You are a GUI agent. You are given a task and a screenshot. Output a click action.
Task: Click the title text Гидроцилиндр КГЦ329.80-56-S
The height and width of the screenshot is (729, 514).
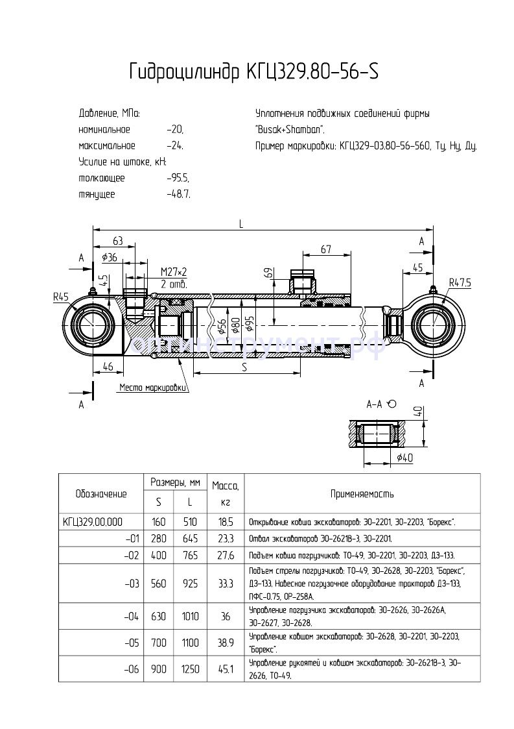point(253,71)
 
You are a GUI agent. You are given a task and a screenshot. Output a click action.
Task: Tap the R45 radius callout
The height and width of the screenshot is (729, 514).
point(62,298)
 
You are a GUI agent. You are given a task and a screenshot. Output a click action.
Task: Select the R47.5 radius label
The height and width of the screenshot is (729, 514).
point(460,282)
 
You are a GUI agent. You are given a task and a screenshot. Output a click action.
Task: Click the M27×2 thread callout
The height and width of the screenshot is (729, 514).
point(173,271)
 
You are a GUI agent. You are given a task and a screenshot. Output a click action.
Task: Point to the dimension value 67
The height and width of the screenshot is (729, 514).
point(325,250)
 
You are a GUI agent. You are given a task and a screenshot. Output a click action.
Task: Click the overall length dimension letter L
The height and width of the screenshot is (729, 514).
point(240,224)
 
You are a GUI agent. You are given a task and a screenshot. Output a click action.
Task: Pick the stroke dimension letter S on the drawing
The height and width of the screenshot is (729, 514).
point(244,367)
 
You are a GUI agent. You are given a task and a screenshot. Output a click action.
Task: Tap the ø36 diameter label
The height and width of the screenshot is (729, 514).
point(110,257)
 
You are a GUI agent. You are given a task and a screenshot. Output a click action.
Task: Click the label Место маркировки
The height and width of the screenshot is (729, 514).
point(153,388)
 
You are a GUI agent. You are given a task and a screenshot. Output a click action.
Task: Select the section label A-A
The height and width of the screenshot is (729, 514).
point(375,404)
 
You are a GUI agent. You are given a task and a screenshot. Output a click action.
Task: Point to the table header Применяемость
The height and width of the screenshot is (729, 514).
point(362,494)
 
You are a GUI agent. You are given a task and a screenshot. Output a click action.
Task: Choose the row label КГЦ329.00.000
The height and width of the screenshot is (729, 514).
point(93,521)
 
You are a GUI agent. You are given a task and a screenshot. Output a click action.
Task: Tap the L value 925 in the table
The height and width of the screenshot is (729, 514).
point(191,584)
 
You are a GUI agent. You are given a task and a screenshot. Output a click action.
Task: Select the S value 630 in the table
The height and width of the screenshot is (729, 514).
point(159,617)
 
